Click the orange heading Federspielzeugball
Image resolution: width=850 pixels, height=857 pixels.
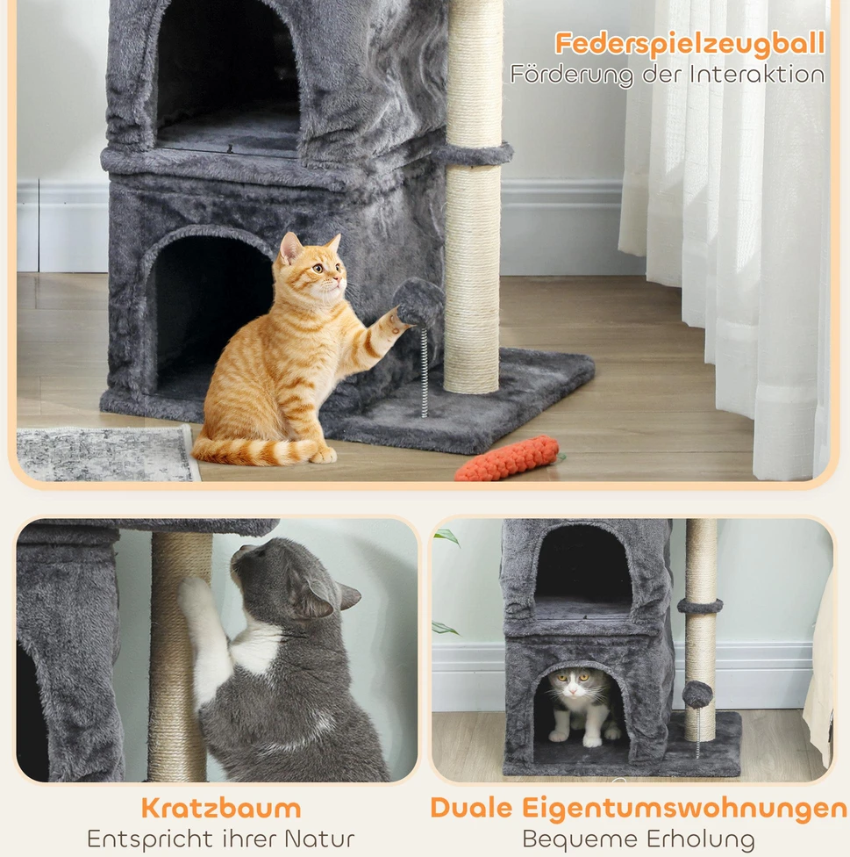pos(689,44)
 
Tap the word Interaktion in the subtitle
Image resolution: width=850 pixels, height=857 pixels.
pos(757,75)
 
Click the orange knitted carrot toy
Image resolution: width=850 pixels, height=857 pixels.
pos(508,458)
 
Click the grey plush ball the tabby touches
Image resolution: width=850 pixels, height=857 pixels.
pos(418,301)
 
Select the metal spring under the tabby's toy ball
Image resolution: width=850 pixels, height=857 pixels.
pos(425,371)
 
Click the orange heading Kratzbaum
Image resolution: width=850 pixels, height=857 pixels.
pos(221,808)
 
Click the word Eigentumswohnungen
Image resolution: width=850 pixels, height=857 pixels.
pos(684,809)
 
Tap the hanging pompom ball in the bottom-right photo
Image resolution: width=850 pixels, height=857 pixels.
pos(697,695)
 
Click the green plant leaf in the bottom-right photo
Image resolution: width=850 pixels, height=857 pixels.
pos(446,537)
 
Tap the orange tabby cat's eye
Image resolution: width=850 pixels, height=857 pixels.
pos(318,268)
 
